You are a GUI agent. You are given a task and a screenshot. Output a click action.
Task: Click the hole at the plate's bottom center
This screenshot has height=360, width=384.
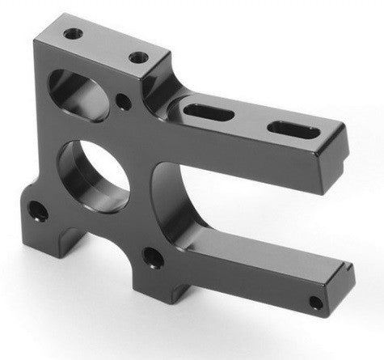point(150,258)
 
